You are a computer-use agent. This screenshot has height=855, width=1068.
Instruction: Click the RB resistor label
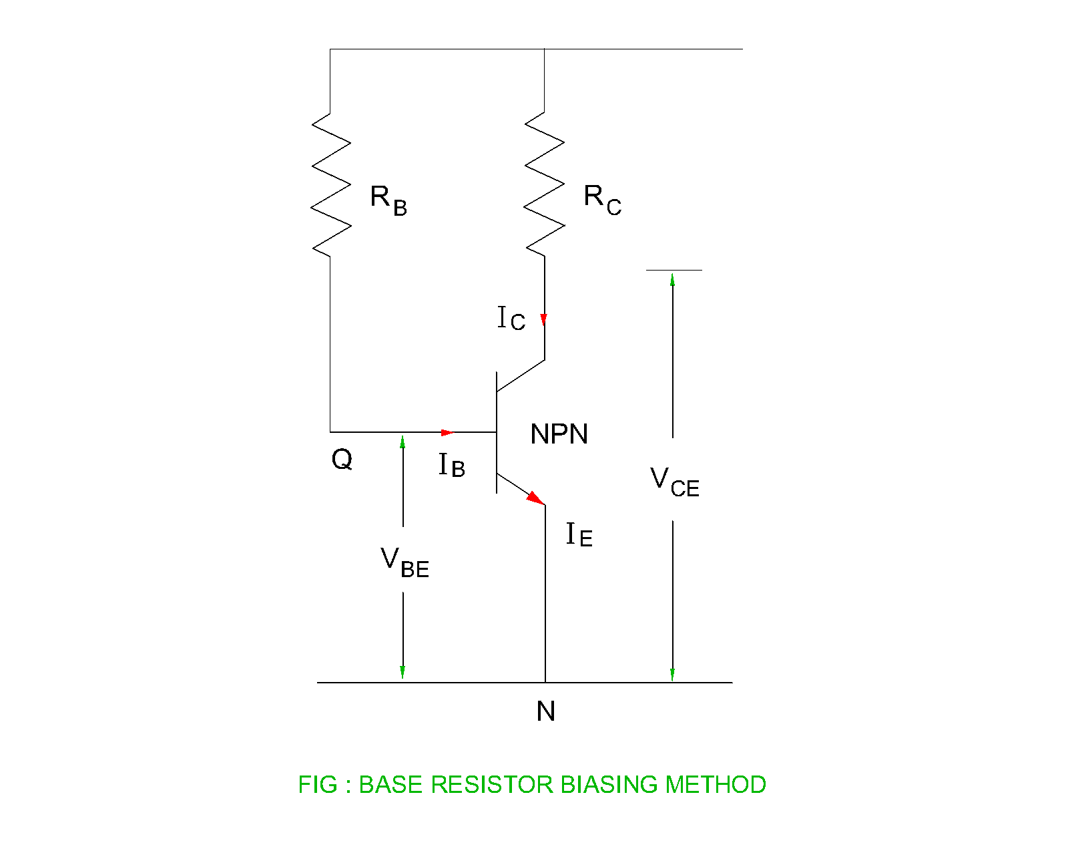click(388, 200)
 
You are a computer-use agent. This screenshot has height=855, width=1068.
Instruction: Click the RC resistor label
click(602, 199)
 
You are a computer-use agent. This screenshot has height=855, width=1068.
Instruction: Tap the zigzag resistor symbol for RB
click(331, 184)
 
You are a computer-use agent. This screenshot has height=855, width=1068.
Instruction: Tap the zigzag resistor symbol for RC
click(545, 184)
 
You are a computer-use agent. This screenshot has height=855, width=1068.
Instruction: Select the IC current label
click(511, 319)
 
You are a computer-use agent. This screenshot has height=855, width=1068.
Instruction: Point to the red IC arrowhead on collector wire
click(544, 319)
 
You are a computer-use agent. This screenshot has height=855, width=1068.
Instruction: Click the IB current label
click(452, 465)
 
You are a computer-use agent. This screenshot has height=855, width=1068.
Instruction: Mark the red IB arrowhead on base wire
click(447, 432)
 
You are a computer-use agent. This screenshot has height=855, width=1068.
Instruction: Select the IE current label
click(579, 535)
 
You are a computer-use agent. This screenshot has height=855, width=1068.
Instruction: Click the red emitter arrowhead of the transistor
click(535, 498)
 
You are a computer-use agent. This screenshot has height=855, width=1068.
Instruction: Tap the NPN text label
click(559, 435)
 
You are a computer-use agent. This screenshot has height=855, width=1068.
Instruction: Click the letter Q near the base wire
click(342, 460)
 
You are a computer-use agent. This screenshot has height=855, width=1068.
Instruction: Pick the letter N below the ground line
click(546, 711)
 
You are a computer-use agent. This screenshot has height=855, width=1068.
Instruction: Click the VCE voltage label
click(674, 482)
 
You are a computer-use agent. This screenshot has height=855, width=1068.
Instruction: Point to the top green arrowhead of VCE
click(673, 279)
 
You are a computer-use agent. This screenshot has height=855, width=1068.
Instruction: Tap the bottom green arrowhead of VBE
click(403, 672)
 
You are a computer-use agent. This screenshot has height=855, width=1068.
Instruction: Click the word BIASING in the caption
click(609, 784)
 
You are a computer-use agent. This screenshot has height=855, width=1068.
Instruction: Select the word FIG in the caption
click(317, 784)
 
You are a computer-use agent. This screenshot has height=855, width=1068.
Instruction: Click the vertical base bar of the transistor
click(497, 433)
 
